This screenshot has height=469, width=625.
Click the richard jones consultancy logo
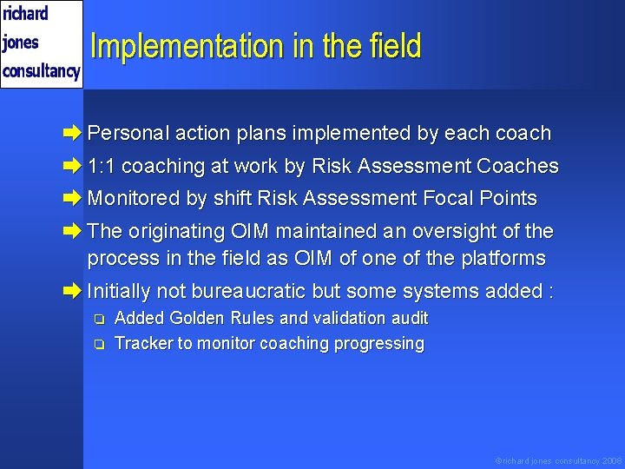point(41,43)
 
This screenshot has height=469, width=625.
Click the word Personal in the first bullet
point(128,134)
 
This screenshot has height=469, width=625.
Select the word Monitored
point(134,199)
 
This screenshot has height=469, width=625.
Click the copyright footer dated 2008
point(558,460)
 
